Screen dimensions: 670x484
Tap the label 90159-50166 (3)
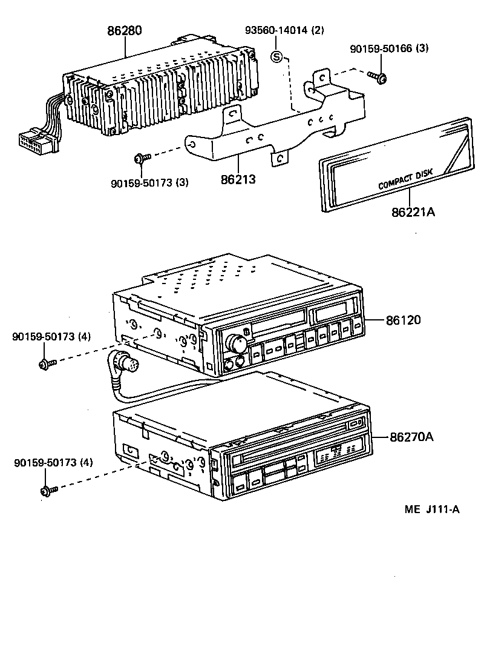pyautogui.click(x=389, y=48)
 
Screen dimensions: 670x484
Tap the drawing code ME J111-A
pyautogui.click(x=432, y=509)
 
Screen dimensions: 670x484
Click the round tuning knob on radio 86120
pyautogui.click(x=236, y=344)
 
